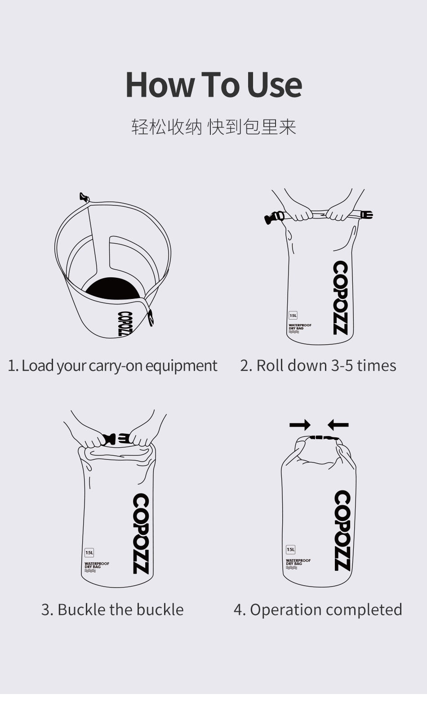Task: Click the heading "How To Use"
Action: pos(213,85)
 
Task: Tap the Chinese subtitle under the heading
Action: pos(213,127)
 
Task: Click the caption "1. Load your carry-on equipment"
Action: pos(112,366)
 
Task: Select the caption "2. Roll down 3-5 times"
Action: pos(318,366)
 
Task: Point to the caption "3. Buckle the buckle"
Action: pos(112,610)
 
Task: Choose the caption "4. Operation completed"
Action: pos(318,610)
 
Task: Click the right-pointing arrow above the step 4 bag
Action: pos(300,425)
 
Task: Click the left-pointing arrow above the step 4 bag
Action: pos(338,425)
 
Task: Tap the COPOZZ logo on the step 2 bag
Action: pos(340,298)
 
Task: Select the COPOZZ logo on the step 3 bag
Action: pos(141,534)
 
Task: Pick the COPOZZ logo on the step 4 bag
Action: pos(342,530)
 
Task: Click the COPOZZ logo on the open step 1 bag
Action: pos(125,324)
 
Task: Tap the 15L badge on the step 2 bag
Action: pos(293,316)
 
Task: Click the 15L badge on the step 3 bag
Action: pos(89,552)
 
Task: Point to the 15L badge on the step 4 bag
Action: pos(291,549)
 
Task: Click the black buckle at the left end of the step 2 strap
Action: pos(274,218)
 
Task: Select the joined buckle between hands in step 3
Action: pos(116,439)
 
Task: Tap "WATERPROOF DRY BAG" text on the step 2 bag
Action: pos(300,327)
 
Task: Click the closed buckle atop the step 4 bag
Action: pos(324,437)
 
